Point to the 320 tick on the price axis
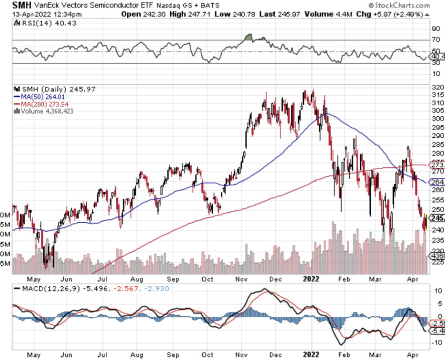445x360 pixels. coord(436,87)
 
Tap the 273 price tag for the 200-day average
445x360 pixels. coord(436,165)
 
